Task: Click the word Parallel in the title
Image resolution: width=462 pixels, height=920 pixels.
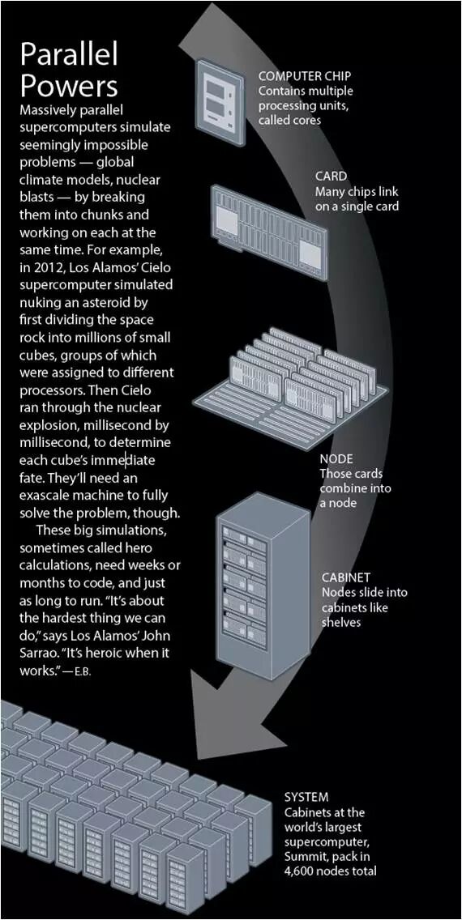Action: pyautogui.click(x=69, y=55)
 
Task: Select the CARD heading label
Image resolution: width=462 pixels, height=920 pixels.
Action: pyautogui.click(x=331, y=176)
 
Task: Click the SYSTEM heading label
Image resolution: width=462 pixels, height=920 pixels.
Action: pyautogui.click(x=306, y=798)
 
